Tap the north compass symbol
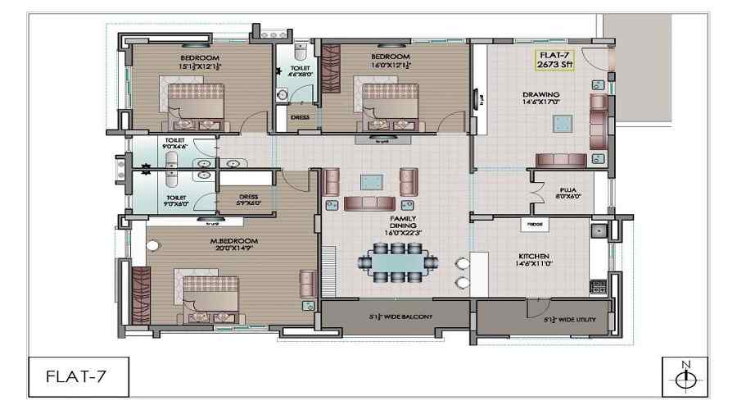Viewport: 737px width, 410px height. point(686,378)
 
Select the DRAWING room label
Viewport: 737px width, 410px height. point(541,99)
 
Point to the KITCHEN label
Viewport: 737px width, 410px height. point(532,260)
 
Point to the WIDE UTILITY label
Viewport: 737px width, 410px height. point(573,320)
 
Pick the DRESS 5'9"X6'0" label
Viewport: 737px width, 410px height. point(247,199)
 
